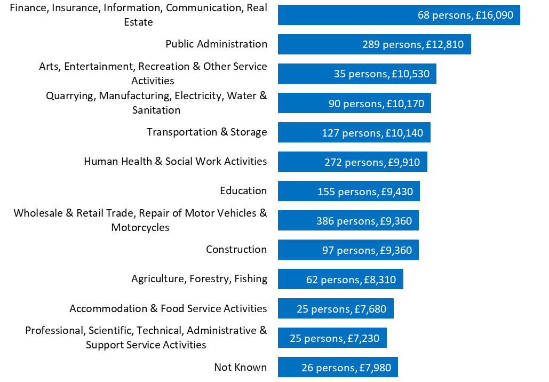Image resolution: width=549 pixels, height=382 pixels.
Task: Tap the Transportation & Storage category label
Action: [x=206, y=132]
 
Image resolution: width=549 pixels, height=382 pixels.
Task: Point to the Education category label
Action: [x=243, y=190]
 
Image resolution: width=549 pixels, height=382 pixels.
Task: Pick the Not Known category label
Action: [x=240, y=367]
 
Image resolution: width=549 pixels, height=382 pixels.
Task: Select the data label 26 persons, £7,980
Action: [x=346, y=368]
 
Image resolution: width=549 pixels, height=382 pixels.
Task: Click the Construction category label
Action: [x=236, y=249]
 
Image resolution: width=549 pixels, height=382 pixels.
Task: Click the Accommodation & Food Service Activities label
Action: [x=168, y=308]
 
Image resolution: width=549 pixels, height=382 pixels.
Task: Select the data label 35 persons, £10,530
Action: [x=381, y=74]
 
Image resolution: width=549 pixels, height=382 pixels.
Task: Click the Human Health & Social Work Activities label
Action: [x=175, y=161]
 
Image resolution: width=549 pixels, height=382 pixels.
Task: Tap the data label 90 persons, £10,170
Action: [x=376, y=104]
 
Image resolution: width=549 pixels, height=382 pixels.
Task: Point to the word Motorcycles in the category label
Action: [x=140, y=227]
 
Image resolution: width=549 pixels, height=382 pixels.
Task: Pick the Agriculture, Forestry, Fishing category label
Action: [x=199, y=278]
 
